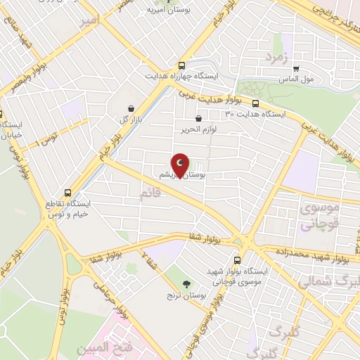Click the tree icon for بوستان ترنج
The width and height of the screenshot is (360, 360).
point(186,284)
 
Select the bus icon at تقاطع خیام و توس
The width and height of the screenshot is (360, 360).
point(67,192)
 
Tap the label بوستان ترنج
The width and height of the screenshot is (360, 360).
point(186,296)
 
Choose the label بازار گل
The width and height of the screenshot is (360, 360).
point(130,120)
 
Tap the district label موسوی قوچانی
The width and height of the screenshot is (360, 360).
point(320,217)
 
